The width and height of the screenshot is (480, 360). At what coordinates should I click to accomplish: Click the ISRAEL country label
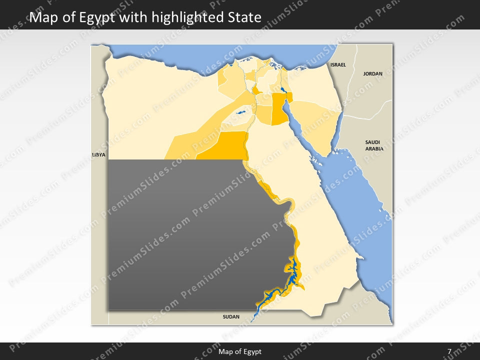pos(338,65)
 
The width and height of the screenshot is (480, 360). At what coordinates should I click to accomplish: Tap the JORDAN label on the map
pos(372,74)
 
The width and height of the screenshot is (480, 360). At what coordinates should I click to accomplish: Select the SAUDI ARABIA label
pos(374,145)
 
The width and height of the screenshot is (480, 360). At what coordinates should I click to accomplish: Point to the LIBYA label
pos(99,155)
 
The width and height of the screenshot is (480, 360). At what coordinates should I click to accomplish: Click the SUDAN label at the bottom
pos(231,317)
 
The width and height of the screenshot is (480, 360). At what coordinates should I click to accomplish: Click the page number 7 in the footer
pos(449,351)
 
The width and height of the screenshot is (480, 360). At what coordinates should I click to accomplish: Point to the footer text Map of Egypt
pos(240,351)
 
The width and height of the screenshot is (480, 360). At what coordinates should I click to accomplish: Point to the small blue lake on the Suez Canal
pos(283,90)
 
